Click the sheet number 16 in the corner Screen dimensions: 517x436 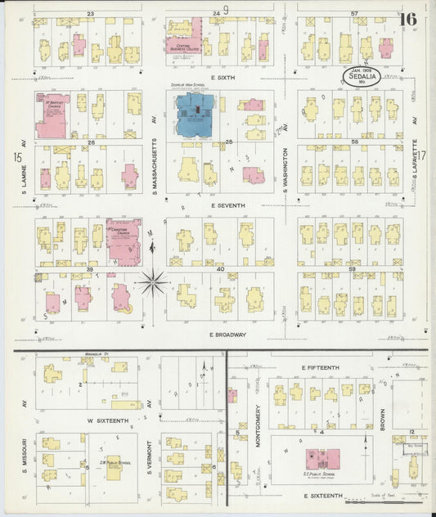pyautogui.click(x=408, y=19)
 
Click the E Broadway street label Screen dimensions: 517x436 pyautogui.click(x=227, y=335)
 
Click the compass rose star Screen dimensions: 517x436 pyautogui.click(x=152, y=282)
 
